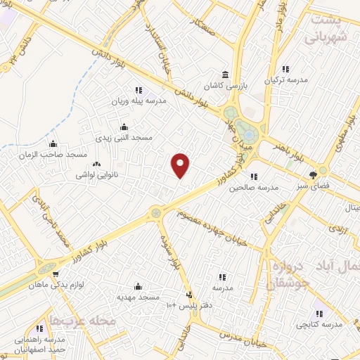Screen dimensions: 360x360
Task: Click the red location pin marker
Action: [x=181, y=165]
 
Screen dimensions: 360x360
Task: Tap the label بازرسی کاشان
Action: [x=226, y=85]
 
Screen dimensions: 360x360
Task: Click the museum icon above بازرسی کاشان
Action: [x=225, y=75]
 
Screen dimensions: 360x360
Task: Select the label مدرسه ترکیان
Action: [x=285, y=80]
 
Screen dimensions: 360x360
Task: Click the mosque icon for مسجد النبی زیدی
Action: [x=124, y=127]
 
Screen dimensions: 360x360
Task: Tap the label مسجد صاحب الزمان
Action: [x=53, y=154]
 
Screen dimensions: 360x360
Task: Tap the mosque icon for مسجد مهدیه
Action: [x=137, y=286]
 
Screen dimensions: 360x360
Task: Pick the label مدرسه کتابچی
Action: [x=319, y=325]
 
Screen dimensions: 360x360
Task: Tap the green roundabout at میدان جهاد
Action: [x=246, y=131]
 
